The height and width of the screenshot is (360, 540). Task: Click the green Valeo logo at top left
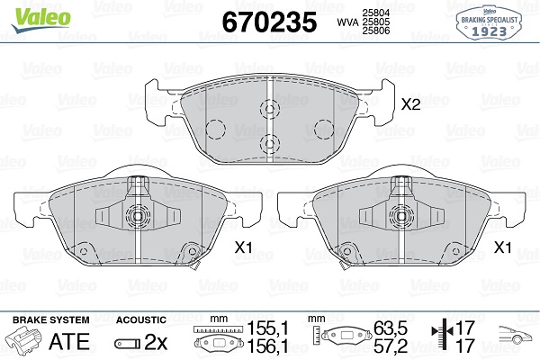[41, 20]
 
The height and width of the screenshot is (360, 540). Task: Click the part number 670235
[269, 22]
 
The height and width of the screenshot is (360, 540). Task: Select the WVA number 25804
[375, 13]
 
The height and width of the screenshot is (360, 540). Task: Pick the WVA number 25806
[375, 31]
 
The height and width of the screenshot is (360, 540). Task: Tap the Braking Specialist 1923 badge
[489, 23]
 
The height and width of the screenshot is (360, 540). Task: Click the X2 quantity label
[410, 104]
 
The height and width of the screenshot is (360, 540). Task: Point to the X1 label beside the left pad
[244, 247]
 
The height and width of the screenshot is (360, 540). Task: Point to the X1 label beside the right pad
[503, 247]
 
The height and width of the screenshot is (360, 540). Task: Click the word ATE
[69, 341]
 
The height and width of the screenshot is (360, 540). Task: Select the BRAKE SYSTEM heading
[51, 320]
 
